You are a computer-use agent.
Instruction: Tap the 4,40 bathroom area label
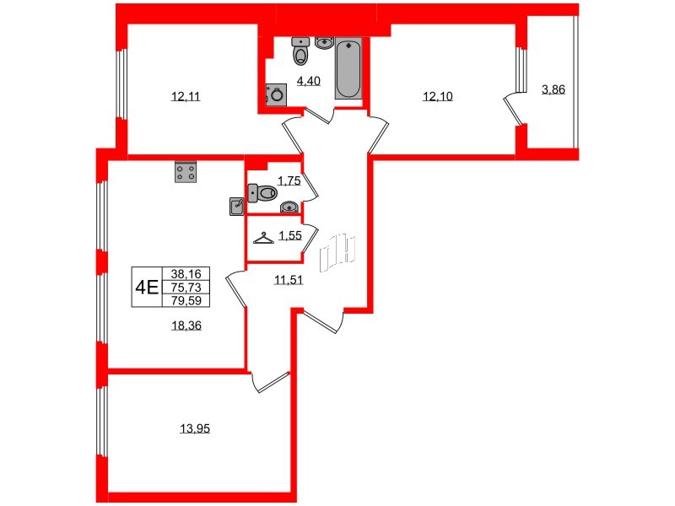coord(306,81)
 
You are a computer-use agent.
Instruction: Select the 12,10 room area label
coord(438,96)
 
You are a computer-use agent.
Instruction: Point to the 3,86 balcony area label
coord(553,89)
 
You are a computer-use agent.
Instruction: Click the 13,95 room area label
coord(194,428)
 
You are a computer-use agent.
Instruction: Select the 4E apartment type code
coord(147,287)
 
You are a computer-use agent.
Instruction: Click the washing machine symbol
coord(275,95)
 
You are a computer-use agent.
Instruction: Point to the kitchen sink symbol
coord(237,206)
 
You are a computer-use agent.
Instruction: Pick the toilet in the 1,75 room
coord(264,194)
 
